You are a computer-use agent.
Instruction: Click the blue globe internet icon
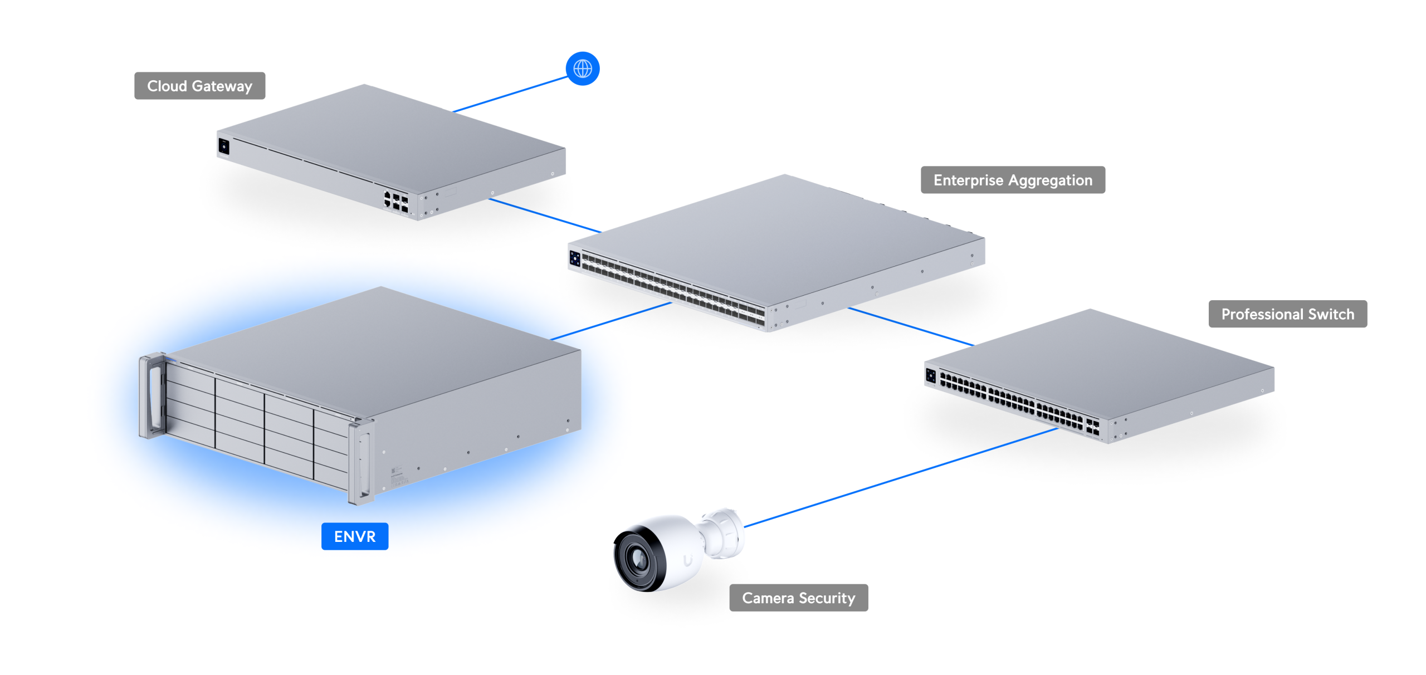tap(582, 69)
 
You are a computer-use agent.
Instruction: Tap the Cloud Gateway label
tap(199, 86)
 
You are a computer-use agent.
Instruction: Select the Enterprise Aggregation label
tap(1012, 180)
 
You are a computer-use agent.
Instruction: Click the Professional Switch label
tap(1287, 314)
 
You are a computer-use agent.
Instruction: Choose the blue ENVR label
tap(354, 536)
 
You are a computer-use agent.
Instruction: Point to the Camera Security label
tap(798, 598)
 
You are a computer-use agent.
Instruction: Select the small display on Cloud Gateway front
tap(223, 146)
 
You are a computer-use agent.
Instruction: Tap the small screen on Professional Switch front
tap(930, 376)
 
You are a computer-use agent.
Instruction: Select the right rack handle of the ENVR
tap(361, 462)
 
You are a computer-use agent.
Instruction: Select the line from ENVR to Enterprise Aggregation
tap(610, 321)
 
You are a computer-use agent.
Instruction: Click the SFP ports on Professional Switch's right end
tap(1092, 428)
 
